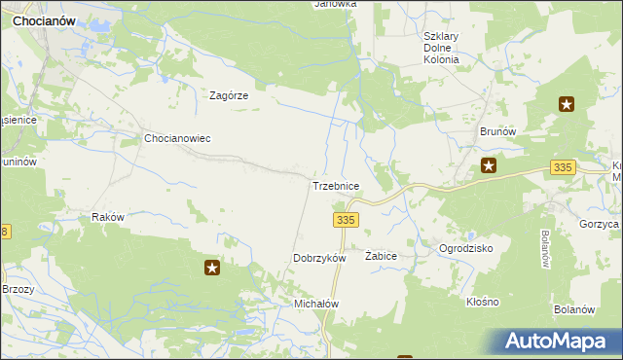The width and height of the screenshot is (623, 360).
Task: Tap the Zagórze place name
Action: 231,95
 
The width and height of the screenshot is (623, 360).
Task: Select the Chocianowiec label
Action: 177,138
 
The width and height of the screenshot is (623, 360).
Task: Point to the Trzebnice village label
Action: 336,185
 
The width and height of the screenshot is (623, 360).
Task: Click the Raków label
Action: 107,218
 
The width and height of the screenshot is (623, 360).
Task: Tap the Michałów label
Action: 316,304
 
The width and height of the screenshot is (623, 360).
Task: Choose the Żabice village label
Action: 381,255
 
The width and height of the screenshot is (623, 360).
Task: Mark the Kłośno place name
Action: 482,302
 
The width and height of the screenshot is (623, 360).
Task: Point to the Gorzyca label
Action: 598,224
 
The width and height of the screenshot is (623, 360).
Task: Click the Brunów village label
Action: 496,130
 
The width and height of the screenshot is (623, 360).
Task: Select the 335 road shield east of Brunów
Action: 562,167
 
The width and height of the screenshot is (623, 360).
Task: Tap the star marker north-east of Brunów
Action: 567,104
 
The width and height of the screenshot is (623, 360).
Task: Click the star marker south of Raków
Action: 211,268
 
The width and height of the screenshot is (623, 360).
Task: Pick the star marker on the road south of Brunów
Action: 490,166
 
